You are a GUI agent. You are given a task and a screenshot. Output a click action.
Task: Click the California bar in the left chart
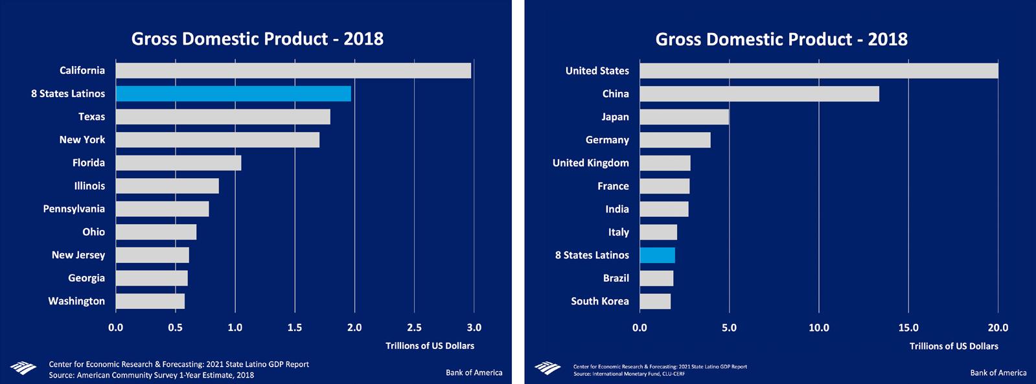point(293,71)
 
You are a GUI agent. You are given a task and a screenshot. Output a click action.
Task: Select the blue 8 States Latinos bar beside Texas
point(233,94)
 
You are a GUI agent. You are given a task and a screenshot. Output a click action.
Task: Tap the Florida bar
point(178,163)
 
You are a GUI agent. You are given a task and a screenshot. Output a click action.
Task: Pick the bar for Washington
point(150,301)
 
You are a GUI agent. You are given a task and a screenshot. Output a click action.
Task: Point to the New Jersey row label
point(78,255)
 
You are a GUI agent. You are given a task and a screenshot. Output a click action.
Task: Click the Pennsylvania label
point(74,209)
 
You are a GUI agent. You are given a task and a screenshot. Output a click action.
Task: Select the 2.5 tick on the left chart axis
point(414,328)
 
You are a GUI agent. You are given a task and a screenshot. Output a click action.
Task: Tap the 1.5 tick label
point(295,328)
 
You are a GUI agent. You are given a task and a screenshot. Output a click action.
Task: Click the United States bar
point(818,71)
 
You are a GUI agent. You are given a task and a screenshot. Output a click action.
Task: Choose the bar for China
point(759,94)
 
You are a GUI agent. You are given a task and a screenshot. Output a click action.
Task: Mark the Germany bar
point(674,140)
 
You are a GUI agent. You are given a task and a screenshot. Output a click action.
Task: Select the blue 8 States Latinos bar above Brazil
point(657,255)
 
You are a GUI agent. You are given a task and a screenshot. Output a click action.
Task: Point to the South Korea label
point(600,301)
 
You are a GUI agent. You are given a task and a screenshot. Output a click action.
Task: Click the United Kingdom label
point(591,163)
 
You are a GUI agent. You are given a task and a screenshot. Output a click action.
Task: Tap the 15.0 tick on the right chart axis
point(908,328)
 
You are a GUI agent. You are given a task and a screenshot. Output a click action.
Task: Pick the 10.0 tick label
point(819,328)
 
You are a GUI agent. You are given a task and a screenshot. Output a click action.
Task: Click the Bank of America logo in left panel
point(23,368)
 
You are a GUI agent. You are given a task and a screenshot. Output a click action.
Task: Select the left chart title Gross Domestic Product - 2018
point(257,39)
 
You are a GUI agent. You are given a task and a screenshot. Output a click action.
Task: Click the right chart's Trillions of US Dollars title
point(954,346)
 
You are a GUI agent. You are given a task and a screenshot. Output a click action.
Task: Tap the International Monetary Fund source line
point(628,374)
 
